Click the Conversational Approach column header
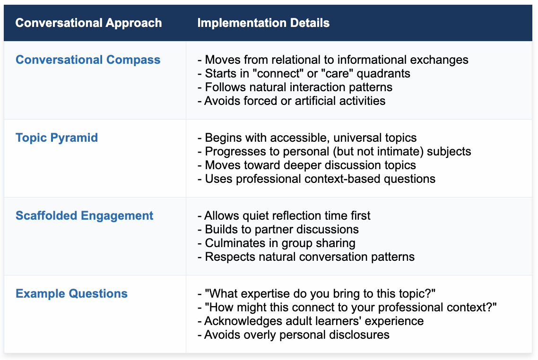click(88, 23)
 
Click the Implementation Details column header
click(263, 23)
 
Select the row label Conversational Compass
click(88, 60)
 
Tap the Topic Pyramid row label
click(57, 138)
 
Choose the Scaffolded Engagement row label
click(85, 215)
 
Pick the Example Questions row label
click(71, 293)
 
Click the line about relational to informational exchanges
click(333, 60)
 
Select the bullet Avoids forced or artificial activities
click(291, 101)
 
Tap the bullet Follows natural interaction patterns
click(295, 87)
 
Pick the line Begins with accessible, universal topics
click(307, 138)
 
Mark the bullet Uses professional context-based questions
click(316, 179)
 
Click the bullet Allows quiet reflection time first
click(284, 215)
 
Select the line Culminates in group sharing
click(276, 243)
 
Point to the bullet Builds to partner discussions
click(278, 230)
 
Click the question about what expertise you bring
click(316, 293)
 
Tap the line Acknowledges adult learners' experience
click(311, 321)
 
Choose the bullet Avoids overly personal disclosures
click(294, 334)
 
